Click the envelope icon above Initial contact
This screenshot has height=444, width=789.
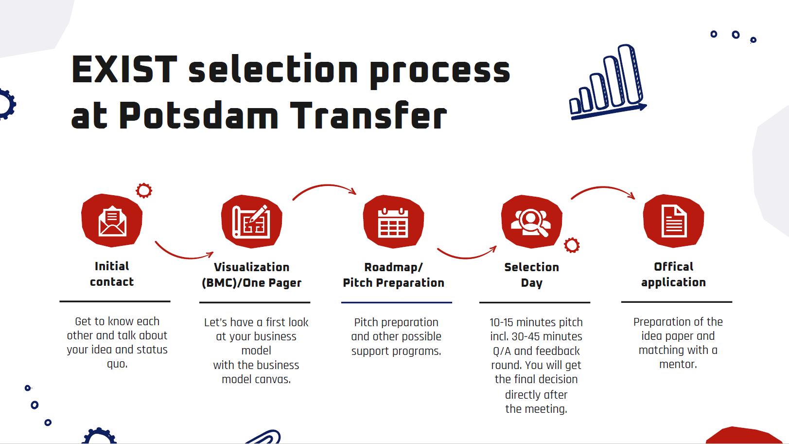click(112, 221)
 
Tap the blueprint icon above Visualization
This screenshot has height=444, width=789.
click(251, 222)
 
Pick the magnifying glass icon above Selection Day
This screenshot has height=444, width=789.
click(531, 222)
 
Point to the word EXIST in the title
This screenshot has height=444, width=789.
click(124, 70)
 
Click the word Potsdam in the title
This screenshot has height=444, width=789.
click(199, 115)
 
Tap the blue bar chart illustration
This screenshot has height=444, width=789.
click(608, 82)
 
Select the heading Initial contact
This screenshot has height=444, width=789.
click(112, 274)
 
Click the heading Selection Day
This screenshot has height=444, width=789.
click(531, 275)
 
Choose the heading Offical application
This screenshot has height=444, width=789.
click(673, 275)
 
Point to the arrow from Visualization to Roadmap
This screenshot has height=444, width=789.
click(324, 185)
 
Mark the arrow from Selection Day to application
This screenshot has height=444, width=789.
click(603, 187)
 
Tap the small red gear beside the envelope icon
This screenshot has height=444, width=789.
click(144, 190)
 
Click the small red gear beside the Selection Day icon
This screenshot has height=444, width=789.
click(572, 245)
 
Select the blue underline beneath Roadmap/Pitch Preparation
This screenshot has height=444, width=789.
click(396, 302)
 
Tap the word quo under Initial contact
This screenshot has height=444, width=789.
click(117, 364)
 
